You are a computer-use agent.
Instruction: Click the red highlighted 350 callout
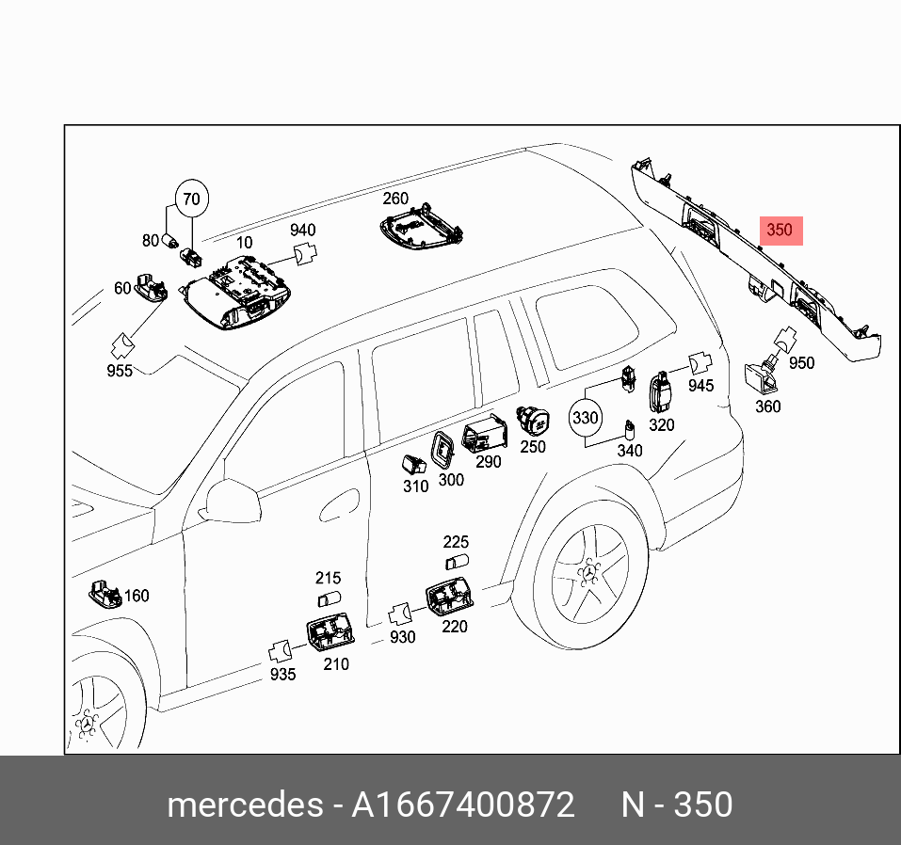[780, 231]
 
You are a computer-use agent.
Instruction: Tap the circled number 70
[192, 199]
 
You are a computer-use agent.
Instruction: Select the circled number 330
[585, 418]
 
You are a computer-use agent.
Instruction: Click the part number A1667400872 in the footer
[462, 805]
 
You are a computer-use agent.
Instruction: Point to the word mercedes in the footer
[245, 805]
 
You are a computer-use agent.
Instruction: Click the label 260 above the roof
[395, 199]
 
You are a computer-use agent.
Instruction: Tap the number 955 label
[120, 371]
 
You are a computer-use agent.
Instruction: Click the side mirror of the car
[232, 502]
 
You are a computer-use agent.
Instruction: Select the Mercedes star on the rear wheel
[590, 573]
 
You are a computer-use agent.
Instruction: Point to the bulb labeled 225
[458, 561]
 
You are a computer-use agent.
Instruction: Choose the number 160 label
[137, 596]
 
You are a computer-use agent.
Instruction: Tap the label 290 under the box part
[489, 462]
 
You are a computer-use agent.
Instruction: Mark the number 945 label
[701, 386]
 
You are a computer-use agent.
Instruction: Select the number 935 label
[282, 675]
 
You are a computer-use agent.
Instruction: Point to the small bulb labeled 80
[171, 240]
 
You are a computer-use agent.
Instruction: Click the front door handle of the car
[339, 505]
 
